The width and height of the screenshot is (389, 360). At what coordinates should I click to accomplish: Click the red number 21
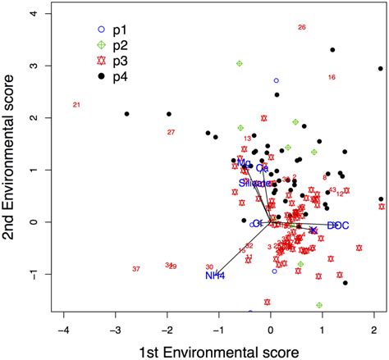tap(76, 105)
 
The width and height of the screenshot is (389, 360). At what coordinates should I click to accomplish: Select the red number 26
tap(302, 27)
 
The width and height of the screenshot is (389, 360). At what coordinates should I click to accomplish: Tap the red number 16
tap(332, 77)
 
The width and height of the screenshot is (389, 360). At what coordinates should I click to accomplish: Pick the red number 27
tap(172, 132)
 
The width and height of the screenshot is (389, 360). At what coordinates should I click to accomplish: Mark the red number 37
tap(136, 269)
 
